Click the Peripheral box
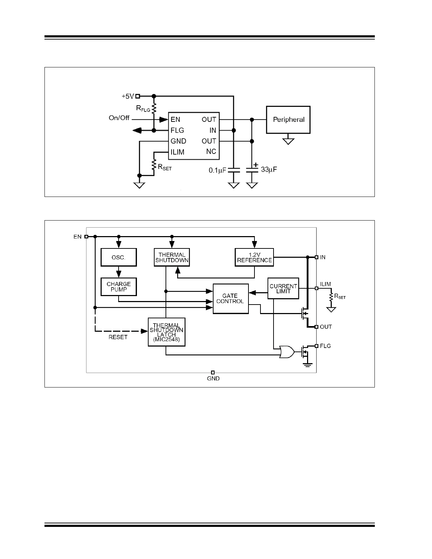coord(288,120)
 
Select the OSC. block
coord(119,258)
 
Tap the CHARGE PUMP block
coord(119,287)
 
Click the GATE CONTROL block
coord(230,299)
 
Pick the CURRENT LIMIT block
coord(283,289)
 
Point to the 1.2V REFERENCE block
coord(254,258)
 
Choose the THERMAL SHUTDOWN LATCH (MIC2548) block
coord(167,332)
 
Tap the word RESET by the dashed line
coord(118,337)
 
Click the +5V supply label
coord(128,96)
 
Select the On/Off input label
coord(119,118)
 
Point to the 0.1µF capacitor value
coord(217,170)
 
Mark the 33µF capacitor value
coord(269,170)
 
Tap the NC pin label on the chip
coord(211,152)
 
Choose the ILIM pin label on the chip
coord(177,152)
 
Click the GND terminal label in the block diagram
coord(213,378)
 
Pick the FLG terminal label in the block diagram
coord(325,346)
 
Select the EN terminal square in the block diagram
coord(86,237)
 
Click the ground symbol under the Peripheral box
coord(288,141)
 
